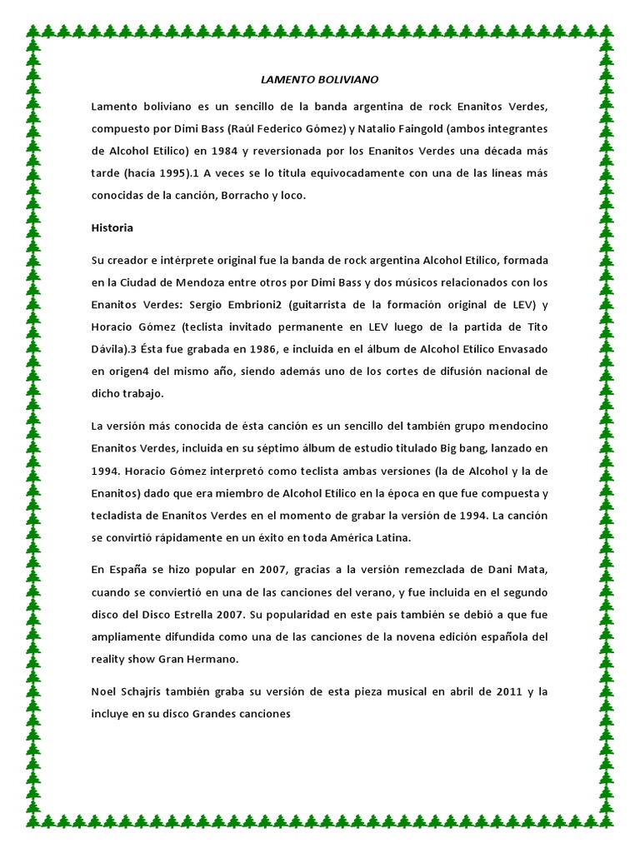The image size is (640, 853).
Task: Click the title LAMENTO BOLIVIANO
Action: coord(320,80)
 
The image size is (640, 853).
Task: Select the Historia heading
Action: coord(112,227)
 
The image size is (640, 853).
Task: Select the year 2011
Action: coord(505,692)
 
